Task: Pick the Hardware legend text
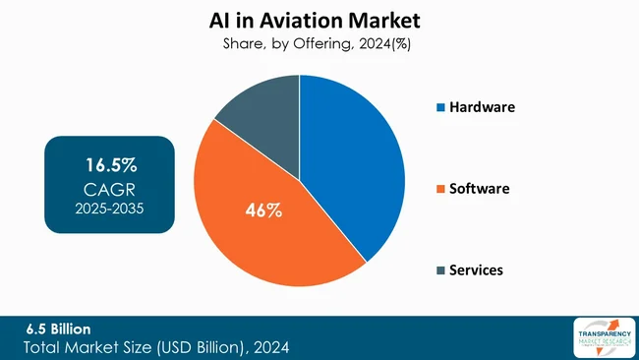[x=483, y=106]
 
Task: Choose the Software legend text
[x=480, y=187]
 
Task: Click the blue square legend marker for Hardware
[x=439, y=106]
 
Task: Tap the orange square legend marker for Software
[x=439, y=188]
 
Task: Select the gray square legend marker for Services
[x=439, y=269]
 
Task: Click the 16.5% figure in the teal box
[x=109, y=161]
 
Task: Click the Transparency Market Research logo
[x=597, y=337]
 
